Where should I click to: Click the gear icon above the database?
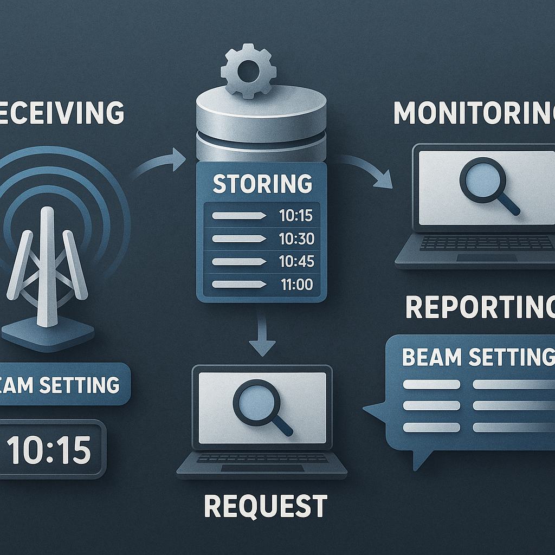pos(248,71)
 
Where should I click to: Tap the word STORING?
pos(262,183)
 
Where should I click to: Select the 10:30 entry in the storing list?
pos(296,238)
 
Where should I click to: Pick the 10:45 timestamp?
pos(296,261)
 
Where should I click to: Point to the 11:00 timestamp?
pos(296,284)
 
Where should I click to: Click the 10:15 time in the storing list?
pos(296,215)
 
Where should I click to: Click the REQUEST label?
pos(265,505)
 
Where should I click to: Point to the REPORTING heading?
pos(480,307)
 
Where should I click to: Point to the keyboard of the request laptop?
pos(262,459)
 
